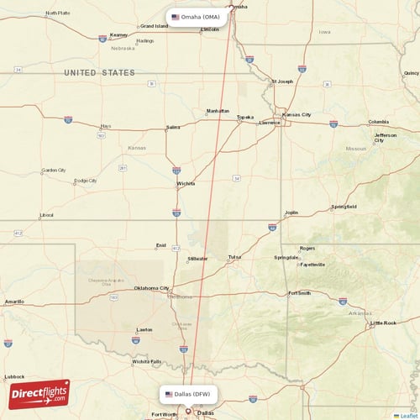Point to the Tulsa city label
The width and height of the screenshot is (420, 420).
[234, 257]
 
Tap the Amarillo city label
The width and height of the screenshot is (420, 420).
[14, 301]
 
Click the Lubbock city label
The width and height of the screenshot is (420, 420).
[13, 376]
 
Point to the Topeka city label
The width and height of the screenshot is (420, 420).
[244, 117]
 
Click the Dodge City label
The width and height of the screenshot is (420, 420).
[85, 181]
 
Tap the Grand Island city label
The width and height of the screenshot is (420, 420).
[154, 26]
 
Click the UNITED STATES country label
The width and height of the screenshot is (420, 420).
[99, 73]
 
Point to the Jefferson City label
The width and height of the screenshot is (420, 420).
[386, 137]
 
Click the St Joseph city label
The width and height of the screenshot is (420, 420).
[281, 81]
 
